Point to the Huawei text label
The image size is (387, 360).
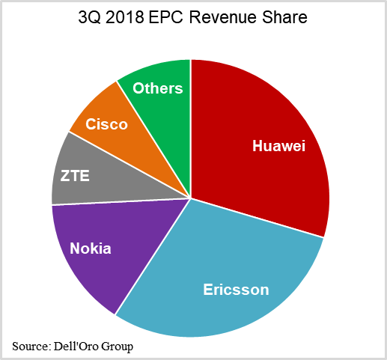(x=279, y=146)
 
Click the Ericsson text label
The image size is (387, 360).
(x=236, y=289)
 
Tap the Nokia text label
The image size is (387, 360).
(x=91, y=248)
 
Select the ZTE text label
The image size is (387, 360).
(x=76, y=177)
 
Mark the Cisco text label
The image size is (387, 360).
(x=106, y=124)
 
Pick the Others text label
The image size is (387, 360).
(x=158, y=88)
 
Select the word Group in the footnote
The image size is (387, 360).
(x=118, y=345)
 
